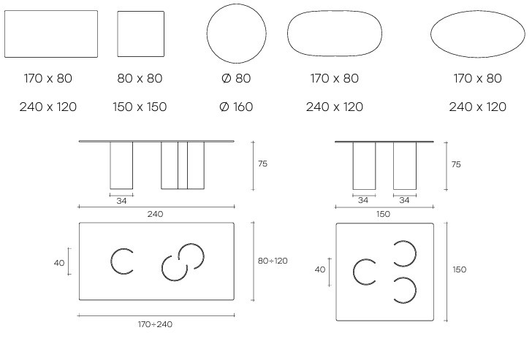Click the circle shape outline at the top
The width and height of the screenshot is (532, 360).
coord(237,4)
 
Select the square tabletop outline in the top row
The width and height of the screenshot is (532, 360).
coord(118,34)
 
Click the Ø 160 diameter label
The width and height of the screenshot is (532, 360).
coord(236,107)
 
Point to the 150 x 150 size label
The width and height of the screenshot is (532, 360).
coord(140,107)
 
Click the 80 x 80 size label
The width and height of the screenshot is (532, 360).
coord(140,78)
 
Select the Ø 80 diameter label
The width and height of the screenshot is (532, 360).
coord(236,78)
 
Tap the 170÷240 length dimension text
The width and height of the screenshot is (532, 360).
coord(155,324)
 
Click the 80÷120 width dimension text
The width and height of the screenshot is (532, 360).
coord(273,261)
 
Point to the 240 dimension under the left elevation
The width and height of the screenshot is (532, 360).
coord(155,214)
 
